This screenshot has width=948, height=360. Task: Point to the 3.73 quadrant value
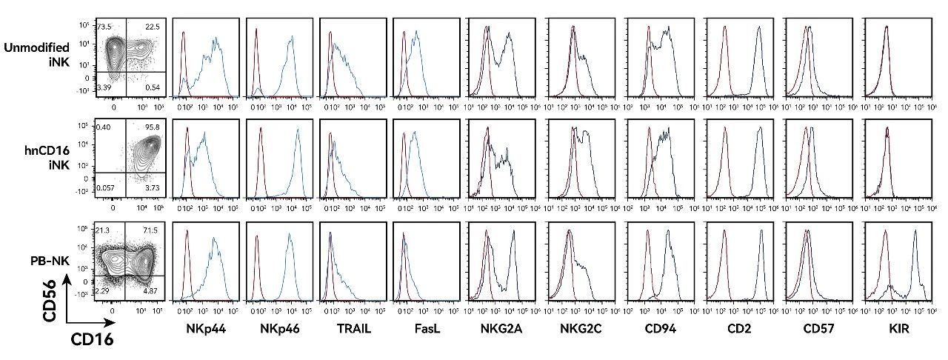tap(153, 190)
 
